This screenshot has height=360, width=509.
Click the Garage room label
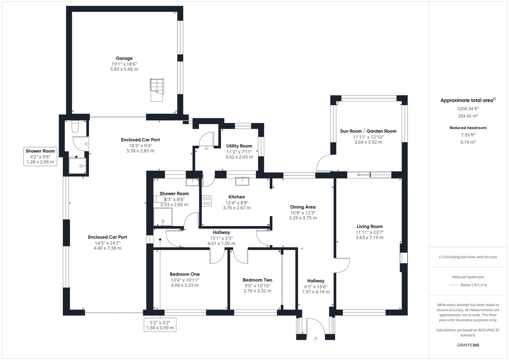tap(124, 59)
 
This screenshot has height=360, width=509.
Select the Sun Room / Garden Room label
tap(368, 131)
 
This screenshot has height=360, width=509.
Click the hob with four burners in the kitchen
tap(207, 201)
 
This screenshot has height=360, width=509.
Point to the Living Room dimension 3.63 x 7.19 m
tap(369, 237)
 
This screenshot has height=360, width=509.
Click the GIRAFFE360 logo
tap(468, 345)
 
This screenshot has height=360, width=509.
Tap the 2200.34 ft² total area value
tap(468, 109)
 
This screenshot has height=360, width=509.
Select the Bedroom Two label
tap(257, 280)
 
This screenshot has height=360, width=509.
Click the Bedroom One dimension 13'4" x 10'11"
tap(185, 280)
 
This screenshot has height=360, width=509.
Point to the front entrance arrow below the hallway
tap(316, 339)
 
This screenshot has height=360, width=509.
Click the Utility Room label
tap(239, 146)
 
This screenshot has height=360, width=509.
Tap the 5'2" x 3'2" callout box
tap(160, 325)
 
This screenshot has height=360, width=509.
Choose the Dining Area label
tap(303, 207)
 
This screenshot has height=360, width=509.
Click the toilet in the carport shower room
tap(75, 126)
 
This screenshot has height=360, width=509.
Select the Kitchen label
tap(237, 197)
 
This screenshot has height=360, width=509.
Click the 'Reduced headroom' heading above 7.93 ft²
tap(468, 128)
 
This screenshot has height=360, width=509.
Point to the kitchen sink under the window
tap(242, 181)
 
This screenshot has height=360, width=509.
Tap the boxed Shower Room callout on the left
tap(40, 156)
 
